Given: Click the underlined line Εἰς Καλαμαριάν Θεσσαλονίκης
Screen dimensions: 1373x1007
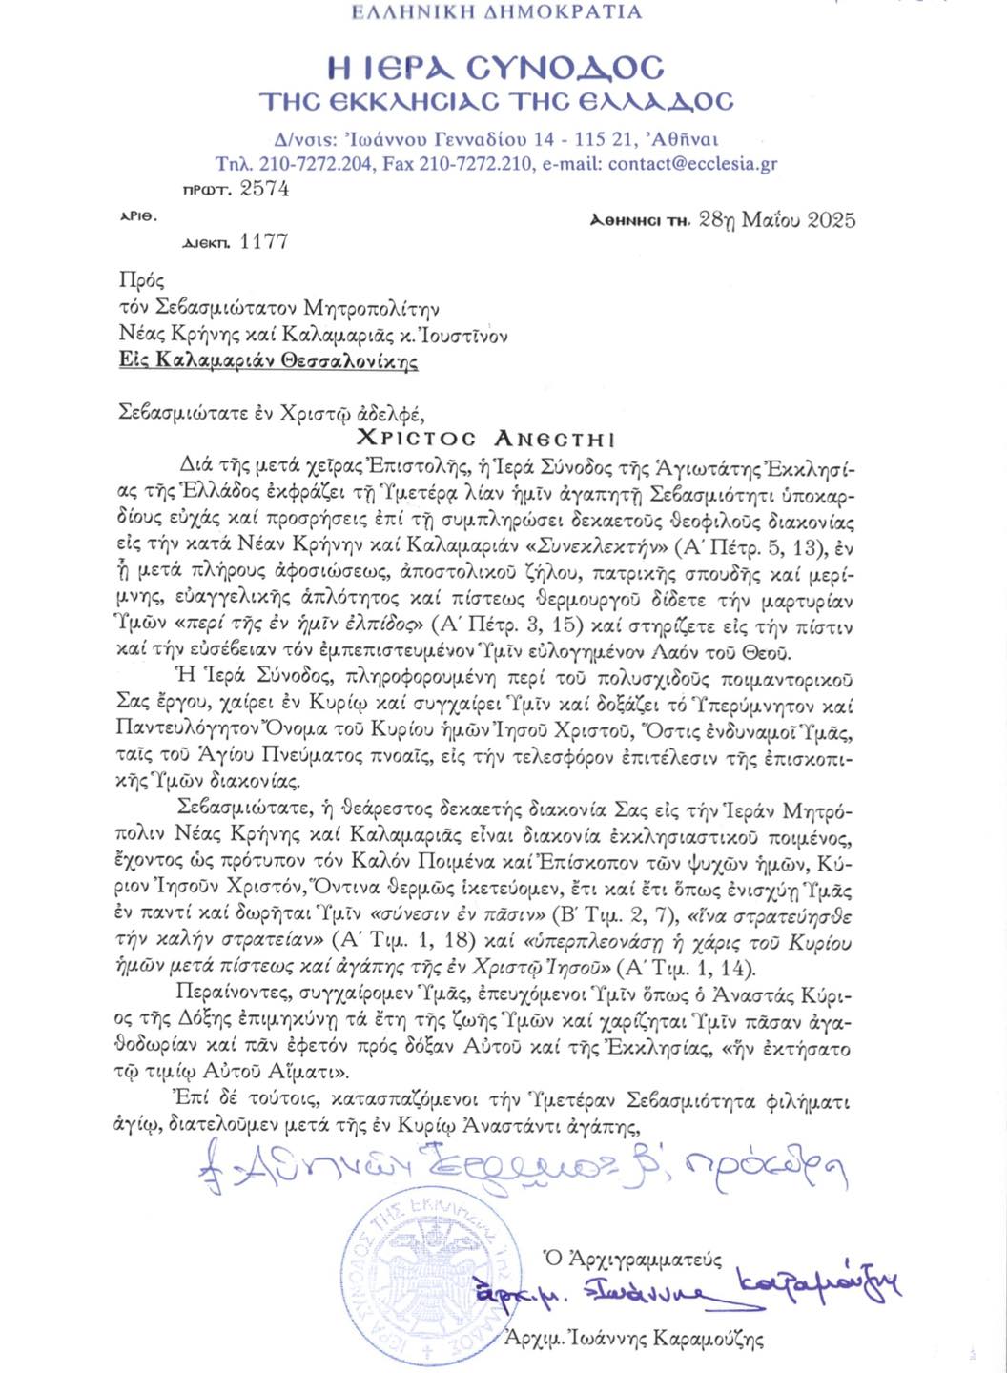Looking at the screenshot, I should pos(268,361).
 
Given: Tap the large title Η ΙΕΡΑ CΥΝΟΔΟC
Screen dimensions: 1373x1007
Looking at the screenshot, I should pos(496,68).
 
